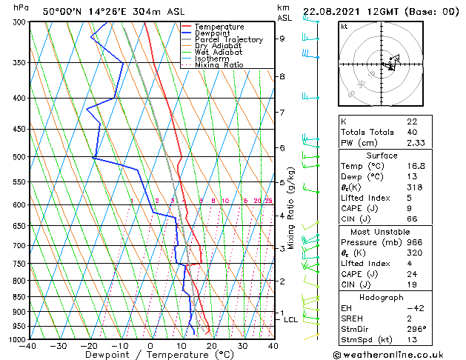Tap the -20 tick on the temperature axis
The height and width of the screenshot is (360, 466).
(x=90, y=346)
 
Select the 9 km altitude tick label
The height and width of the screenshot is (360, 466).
(x=282, y=39)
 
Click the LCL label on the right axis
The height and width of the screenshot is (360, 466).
(x=290, y=320)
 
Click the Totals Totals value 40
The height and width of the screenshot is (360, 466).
(x=411, y=132)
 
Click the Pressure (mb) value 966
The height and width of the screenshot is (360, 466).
(x=414, y=241)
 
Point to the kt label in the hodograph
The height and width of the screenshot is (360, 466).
(x=344, y=26)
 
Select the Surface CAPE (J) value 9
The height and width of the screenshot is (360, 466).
(x=409, y=209)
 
